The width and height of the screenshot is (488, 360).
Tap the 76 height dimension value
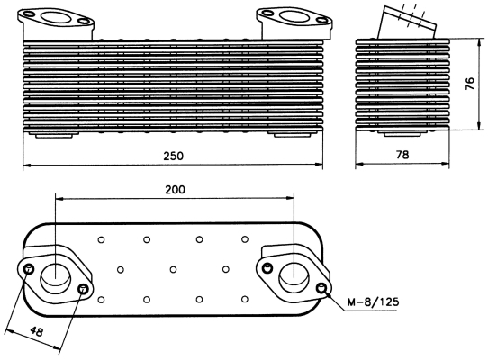pyautogui.click(x=469, y=84)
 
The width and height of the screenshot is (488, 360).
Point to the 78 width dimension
pyautogui.click(x=402, y=156)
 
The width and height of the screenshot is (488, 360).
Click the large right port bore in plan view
pyautogui.click(x=294, y=275)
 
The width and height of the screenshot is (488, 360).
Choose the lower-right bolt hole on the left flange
pyautogui.click(x=84, y=288)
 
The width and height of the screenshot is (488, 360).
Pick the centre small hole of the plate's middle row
pyautogui.click(x=173, y=268)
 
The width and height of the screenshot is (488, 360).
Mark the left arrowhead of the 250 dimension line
pyautogui.click(x=26, y=166)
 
